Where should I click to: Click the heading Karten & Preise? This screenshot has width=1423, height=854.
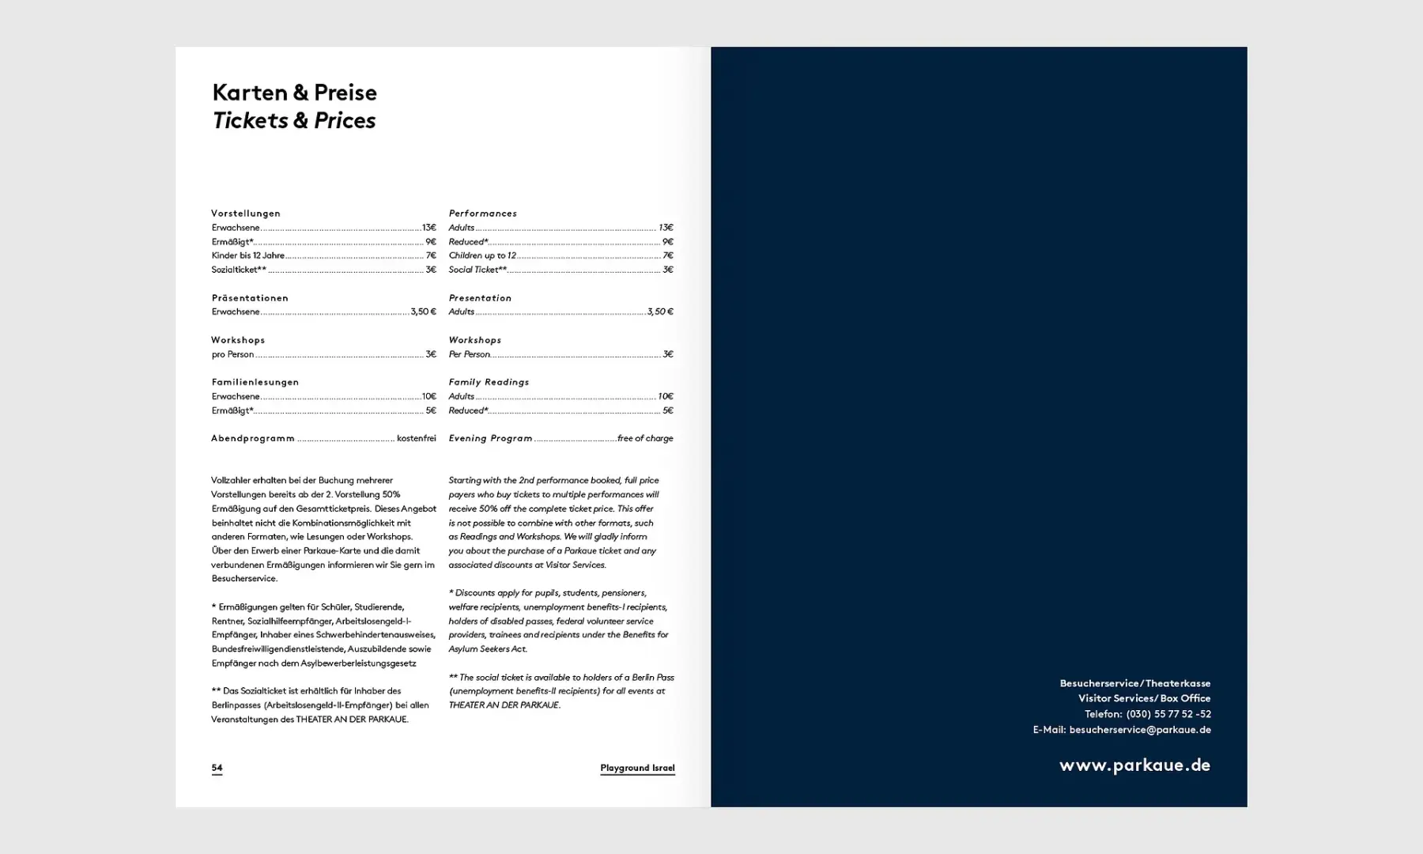tap(294, 93)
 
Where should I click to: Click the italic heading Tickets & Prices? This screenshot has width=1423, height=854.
tap(293, 120)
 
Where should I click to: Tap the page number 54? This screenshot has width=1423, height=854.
tap(217, 768)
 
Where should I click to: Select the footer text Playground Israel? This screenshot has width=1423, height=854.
tap(637, 768)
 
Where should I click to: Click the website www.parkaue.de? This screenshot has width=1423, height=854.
tap(1134, 765)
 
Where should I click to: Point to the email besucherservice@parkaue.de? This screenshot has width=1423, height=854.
tap(1139, 730)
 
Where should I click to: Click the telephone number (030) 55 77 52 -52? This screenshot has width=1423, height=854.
tap(1168, 714)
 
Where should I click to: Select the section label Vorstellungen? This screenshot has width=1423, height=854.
tap(246, 213)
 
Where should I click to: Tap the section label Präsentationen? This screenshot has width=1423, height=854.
tap(250, 298)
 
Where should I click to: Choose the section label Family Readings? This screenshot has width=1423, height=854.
tap(489, 382)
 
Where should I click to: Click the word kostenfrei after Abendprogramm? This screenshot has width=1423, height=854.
tap(416, 438)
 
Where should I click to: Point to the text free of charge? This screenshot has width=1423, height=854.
tap(645, 438)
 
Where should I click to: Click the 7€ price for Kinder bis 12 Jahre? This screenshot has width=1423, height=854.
tap(431, 255)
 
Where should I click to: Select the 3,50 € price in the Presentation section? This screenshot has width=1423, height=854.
tap(660, 312)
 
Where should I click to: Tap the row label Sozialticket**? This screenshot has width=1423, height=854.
tap(239, 270)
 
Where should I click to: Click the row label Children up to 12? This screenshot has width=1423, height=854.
tap(482, 255)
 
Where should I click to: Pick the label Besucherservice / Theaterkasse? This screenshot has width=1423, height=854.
tap(1134, 683)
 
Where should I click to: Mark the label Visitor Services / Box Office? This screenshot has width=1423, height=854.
tap(1144, 698)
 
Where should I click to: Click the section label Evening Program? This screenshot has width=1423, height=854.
tap(490, 438)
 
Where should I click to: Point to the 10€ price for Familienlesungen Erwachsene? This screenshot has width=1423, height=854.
tap(428, 396)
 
